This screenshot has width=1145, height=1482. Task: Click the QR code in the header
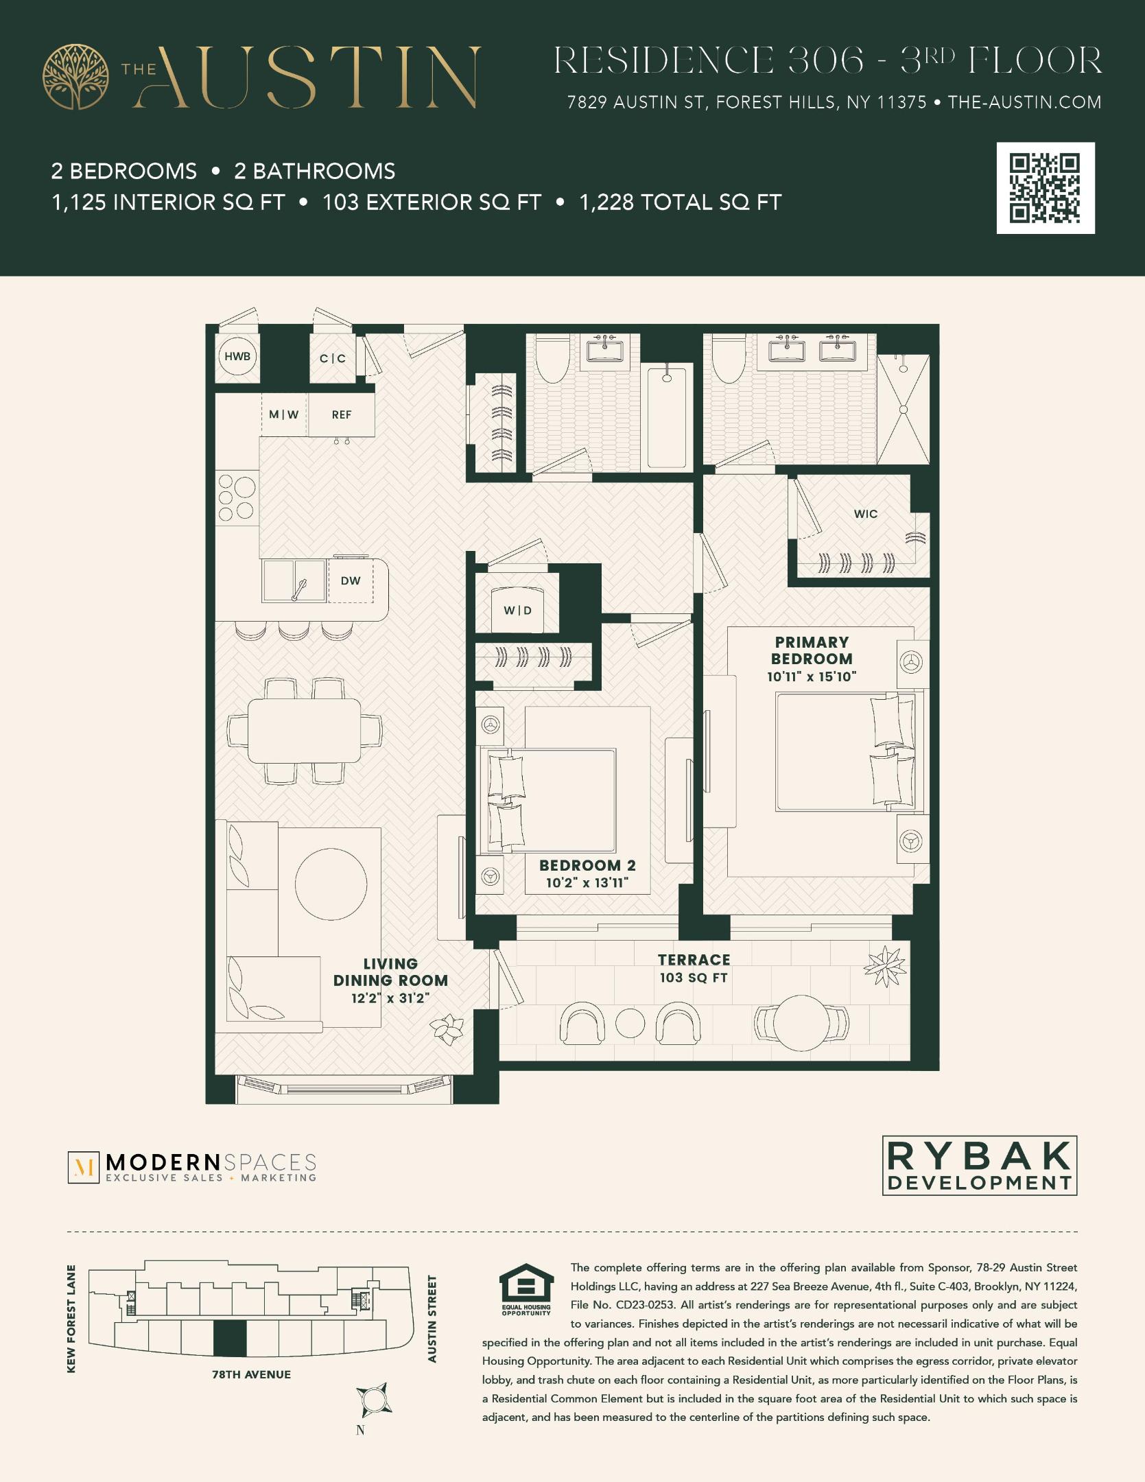pyautogui.click(x=1045, y=188)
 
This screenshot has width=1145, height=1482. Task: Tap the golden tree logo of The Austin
pyautogui.click(x=75, y=76)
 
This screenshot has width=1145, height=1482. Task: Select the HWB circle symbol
pyautogui.click(x=237, y=357)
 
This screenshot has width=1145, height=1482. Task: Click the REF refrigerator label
pyautogui.click(x=341, y=415)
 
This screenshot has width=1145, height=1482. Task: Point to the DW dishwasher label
pyautogui.click(x=351, y=581)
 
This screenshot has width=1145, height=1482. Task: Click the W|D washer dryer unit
pyautogui.click(x=518, y=609)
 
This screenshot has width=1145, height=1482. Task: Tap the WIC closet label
pyautogui.click(x=865, y=514)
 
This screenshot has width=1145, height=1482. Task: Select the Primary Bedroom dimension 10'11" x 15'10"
pyautogui.click(x=812, y=677)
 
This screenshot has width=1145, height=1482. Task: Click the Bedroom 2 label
pyautogui.click(x=587, y=866)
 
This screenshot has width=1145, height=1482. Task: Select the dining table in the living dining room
pyautogui.click(x=304, y=731)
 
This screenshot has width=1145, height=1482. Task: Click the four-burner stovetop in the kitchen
pyautogui.click(x=237, y=498)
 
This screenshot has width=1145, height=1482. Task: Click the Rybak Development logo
pyautogui.click(x=979, y=1165)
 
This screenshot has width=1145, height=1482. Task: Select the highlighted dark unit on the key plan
pyautogui.click(x=230, y=1338)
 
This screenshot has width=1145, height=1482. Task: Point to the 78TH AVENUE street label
pyautogui.click(x=251, y=1374)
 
